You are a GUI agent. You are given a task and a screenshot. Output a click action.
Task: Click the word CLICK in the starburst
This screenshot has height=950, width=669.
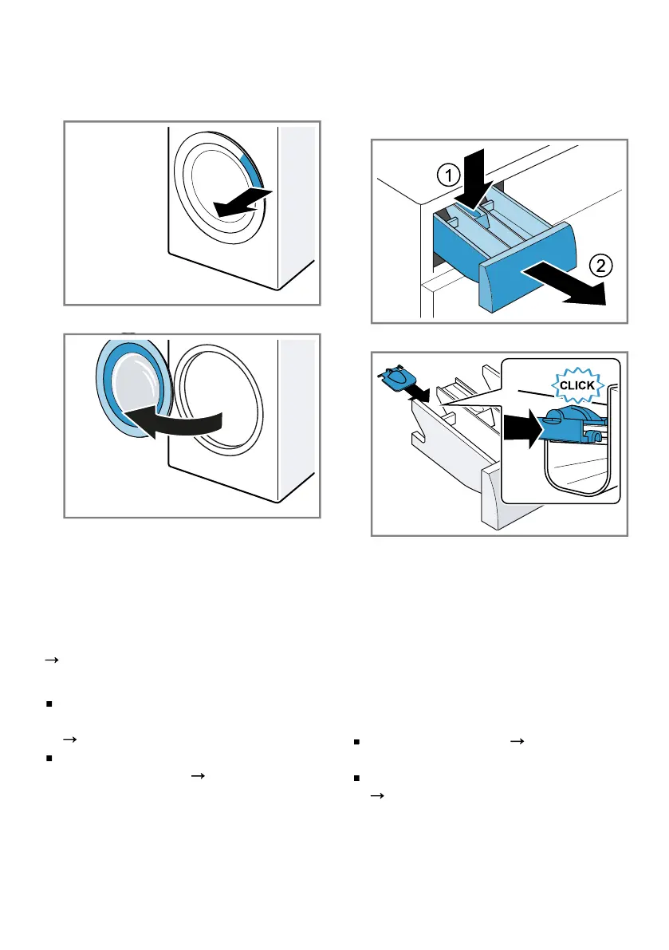(x=577, y=384)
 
